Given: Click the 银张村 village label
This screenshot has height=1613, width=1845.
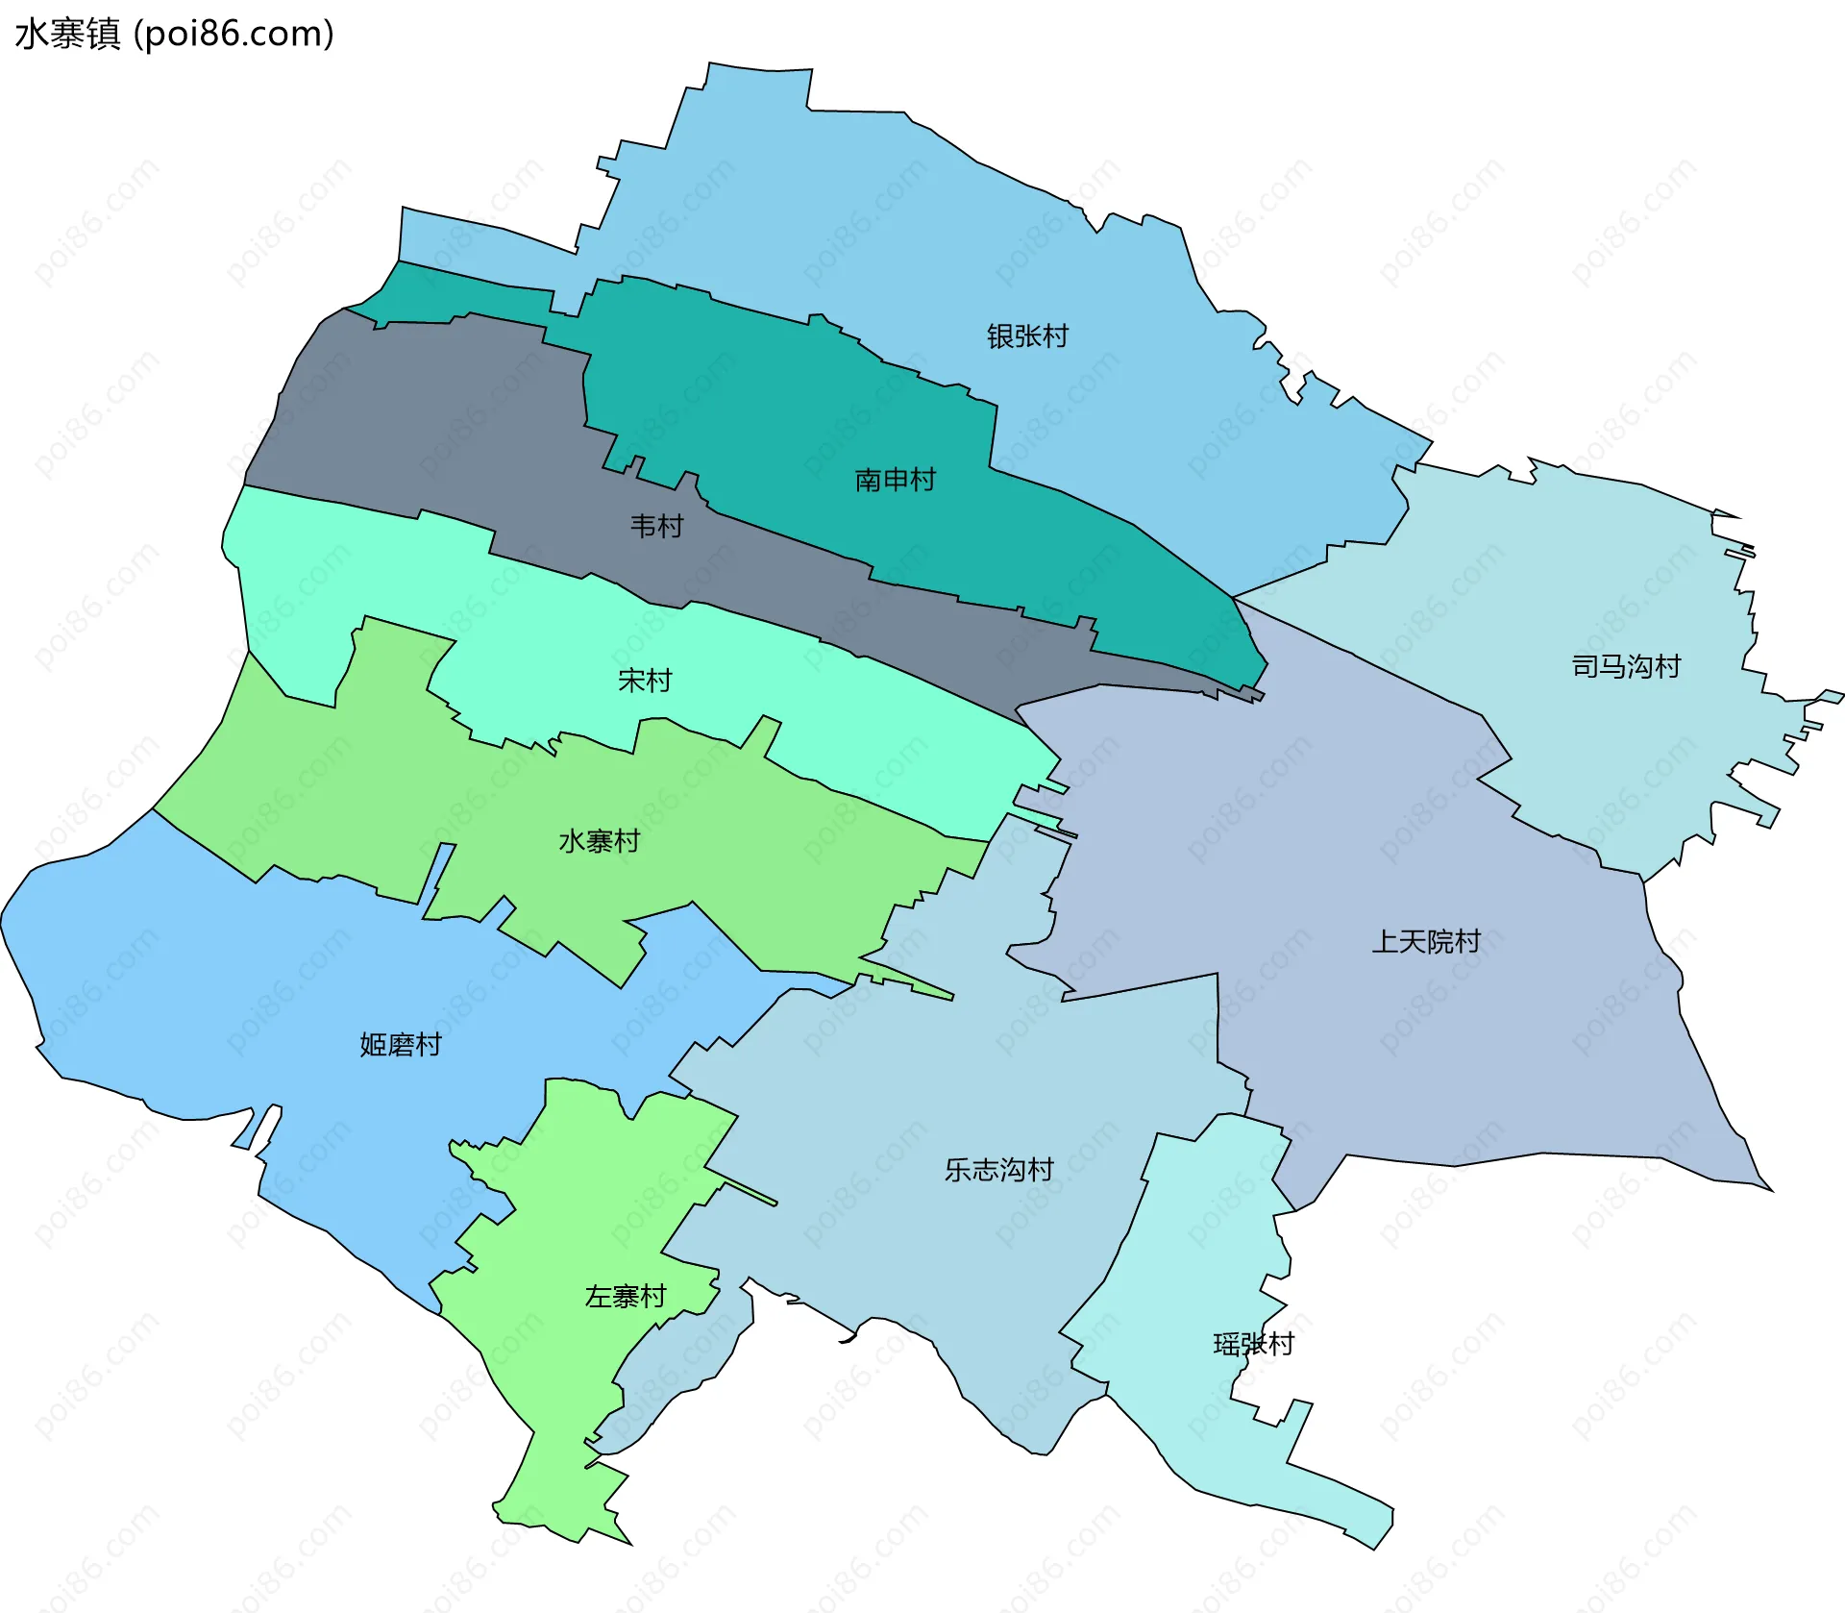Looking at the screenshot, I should tap(1027, 336).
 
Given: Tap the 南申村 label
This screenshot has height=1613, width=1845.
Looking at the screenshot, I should tap(895, 480).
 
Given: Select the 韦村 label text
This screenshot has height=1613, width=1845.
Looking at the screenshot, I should tap(656, 526).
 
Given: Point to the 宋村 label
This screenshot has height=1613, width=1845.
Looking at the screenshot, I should tap(644, 681).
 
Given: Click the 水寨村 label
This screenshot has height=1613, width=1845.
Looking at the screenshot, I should tap(599, 841).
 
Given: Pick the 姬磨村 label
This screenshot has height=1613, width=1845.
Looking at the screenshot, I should tap(400, 1044).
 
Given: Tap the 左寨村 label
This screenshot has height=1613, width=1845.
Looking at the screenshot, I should tap(625, 1297).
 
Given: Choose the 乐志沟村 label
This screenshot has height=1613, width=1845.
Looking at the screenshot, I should tap(998, 1170).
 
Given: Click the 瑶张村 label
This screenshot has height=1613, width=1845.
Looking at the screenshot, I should tap(1253, 1344).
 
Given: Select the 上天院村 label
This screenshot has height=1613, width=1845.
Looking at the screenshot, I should tap(1425, 941).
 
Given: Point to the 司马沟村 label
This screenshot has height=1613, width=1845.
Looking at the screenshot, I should tap(1625, 666).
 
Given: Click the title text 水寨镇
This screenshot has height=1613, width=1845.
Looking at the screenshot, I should tap(67, 35).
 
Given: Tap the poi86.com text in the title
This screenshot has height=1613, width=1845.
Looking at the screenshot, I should tap(234, 35).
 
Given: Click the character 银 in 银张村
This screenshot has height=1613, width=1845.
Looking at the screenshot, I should tap(1000, 336).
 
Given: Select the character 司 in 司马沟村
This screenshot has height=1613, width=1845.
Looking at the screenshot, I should tap(1585, 666).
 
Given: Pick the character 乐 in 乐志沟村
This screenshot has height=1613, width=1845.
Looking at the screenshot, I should tap(958, 1170).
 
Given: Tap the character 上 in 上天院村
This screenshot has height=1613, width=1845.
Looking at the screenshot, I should tap(1385, 941).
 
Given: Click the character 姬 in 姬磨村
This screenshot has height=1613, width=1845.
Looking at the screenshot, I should tap(373, 1044).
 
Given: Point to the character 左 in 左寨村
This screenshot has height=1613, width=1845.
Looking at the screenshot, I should tap(598, 1297).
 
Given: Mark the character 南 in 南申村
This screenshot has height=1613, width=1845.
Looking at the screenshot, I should tap(868, 480).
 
